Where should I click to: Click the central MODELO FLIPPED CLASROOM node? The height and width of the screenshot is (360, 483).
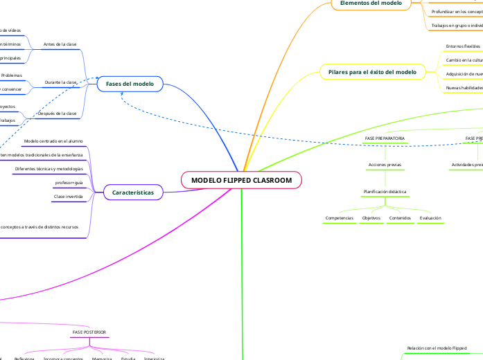click(242, 181)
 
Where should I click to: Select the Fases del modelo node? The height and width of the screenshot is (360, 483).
click(130, 84)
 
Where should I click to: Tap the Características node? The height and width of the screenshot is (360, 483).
click(133, 192)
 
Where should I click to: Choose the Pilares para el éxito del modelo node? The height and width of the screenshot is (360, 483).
click(372, 72)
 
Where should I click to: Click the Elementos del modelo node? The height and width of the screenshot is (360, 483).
click(371, 3)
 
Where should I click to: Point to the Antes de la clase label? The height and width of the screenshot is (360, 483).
click(60, 44)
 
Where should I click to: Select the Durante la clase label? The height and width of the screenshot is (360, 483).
click(60, 82)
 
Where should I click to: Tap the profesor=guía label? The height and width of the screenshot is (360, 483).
click(69, 183)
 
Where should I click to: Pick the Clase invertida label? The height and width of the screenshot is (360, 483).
click(68, 197)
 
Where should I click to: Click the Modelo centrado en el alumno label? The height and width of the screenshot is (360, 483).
click(53, 141)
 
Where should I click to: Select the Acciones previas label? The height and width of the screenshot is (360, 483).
click(385, 165)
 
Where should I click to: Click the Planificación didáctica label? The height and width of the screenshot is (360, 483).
click(385, 191)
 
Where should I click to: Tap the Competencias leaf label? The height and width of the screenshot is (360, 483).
click(340, 218)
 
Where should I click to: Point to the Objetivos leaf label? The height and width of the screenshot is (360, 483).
click(371, 218)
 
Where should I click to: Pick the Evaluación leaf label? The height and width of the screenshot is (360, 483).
click(430, 218)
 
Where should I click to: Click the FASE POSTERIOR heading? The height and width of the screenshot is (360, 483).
click(90, 333)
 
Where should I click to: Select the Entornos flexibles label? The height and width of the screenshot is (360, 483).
click(463, 46)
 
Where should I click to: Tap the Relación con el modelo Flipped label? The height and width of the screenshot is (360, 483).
click(437, 348)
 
